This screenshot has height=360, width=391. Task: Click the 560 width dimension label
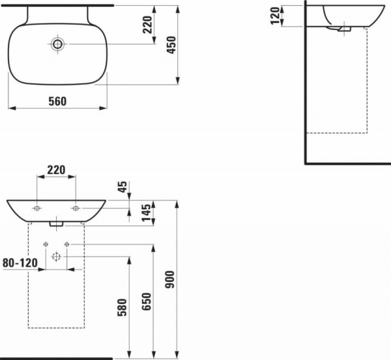click(x=57, y=102)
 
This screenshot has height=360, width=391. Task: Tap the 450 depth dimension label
click(x=171, y=45)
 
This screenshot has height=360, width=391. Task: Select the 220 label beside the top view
click(x=147, y=25)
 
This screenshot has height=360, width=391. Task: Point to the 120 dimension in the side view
click(x=275, y=16)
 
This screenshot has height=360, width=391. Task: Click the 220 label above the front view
click(x=56, y=170)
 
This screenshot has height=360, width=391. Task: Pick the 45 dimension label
click(x=123, y=187)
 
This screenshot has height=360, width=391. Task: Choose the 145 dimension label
click(x=146, y=212)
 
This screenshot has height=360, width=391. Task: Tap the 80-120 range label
click(x=20, y=263)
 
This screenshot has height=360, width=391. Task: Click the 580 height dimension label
click(x=123, y=307)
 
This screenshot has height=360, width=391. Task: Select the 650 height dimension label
click(x=147, y=301)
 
